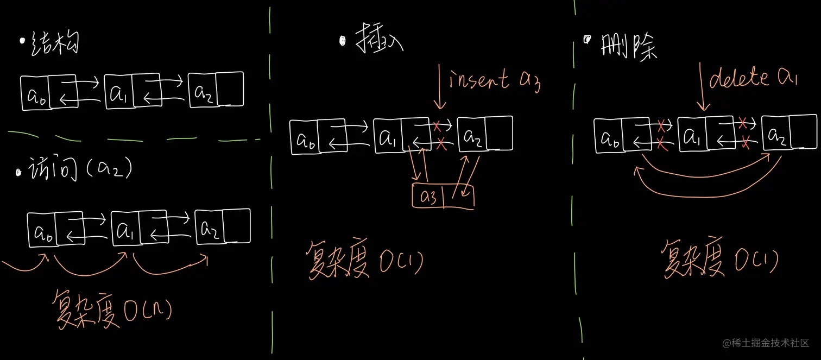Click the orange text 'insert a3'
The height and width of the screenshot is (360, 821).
tap(494, 80)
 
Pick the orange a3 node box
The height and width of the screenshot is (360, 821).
tap(443, 197)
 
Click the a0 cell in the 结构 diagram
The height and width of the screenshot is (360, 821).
tap(36, 93)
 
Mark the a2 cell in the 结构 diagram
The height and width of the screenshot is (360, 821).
tap(203, 91)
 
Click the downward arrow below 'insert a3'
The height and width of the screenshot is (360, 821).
tap(441, 90)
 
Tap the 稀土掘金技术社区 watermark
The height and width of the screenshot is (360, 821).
tap(771, 343)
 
